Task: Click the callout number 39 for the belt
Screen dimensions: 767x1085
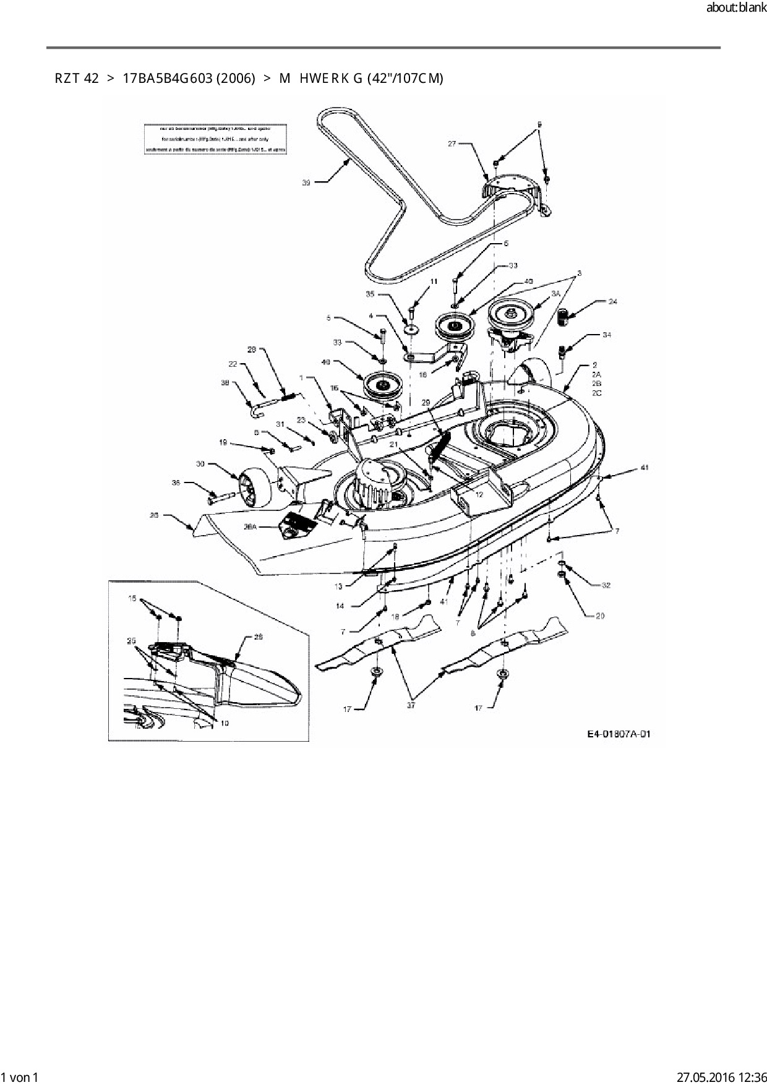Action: [306, 182]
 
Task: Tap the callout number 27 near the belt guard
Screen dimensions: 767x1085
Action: [452, 144]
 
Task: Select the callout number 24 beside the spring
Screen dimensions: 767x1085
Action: [613, 302]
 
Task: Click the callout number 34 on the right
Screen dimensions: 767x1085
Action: [607, 335]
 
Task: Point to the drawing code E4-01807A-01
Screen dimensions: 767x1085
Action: [619, 734]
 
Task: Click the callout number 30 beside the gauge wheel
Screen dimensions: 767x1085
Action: [200, 464]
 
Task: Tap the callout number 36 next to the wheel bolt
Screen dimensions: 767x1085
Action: [176, 482]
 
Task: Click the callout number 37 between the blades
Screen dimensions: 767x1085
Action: [411, 705]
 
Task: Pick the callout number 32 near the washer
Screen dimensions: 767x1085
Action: [606, 585]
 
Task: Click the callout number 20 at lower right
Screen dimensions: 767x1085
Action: [600, 615]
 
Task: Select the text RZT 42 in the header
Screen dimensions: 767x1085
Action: [77, 79]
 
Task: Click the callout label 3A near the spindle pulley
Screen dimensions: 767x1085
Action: [555, 293]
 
